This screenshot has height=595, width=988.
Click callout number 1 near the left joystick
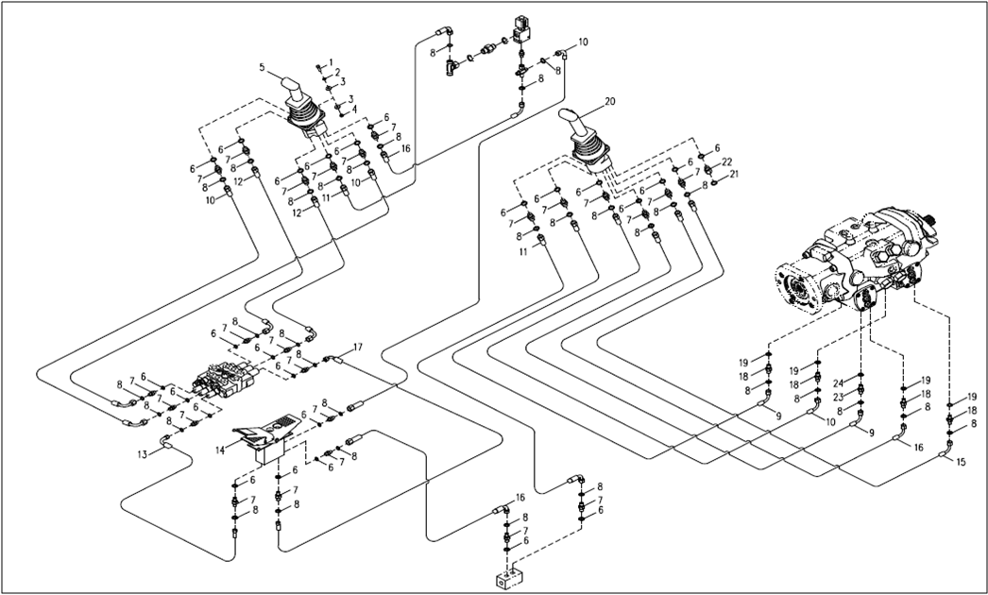[331, 62]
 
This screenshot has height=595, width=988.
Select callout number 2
[336, 73]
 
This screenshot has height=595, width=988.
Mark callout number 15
[961, 463]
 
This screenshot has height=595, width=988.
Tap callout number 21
[734, 174]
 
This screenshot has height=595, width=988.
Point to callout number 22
[727, 161]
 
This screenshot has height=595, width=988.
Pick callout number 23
[838, 398]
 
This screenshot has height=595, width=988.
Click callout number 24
[838, 384]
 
